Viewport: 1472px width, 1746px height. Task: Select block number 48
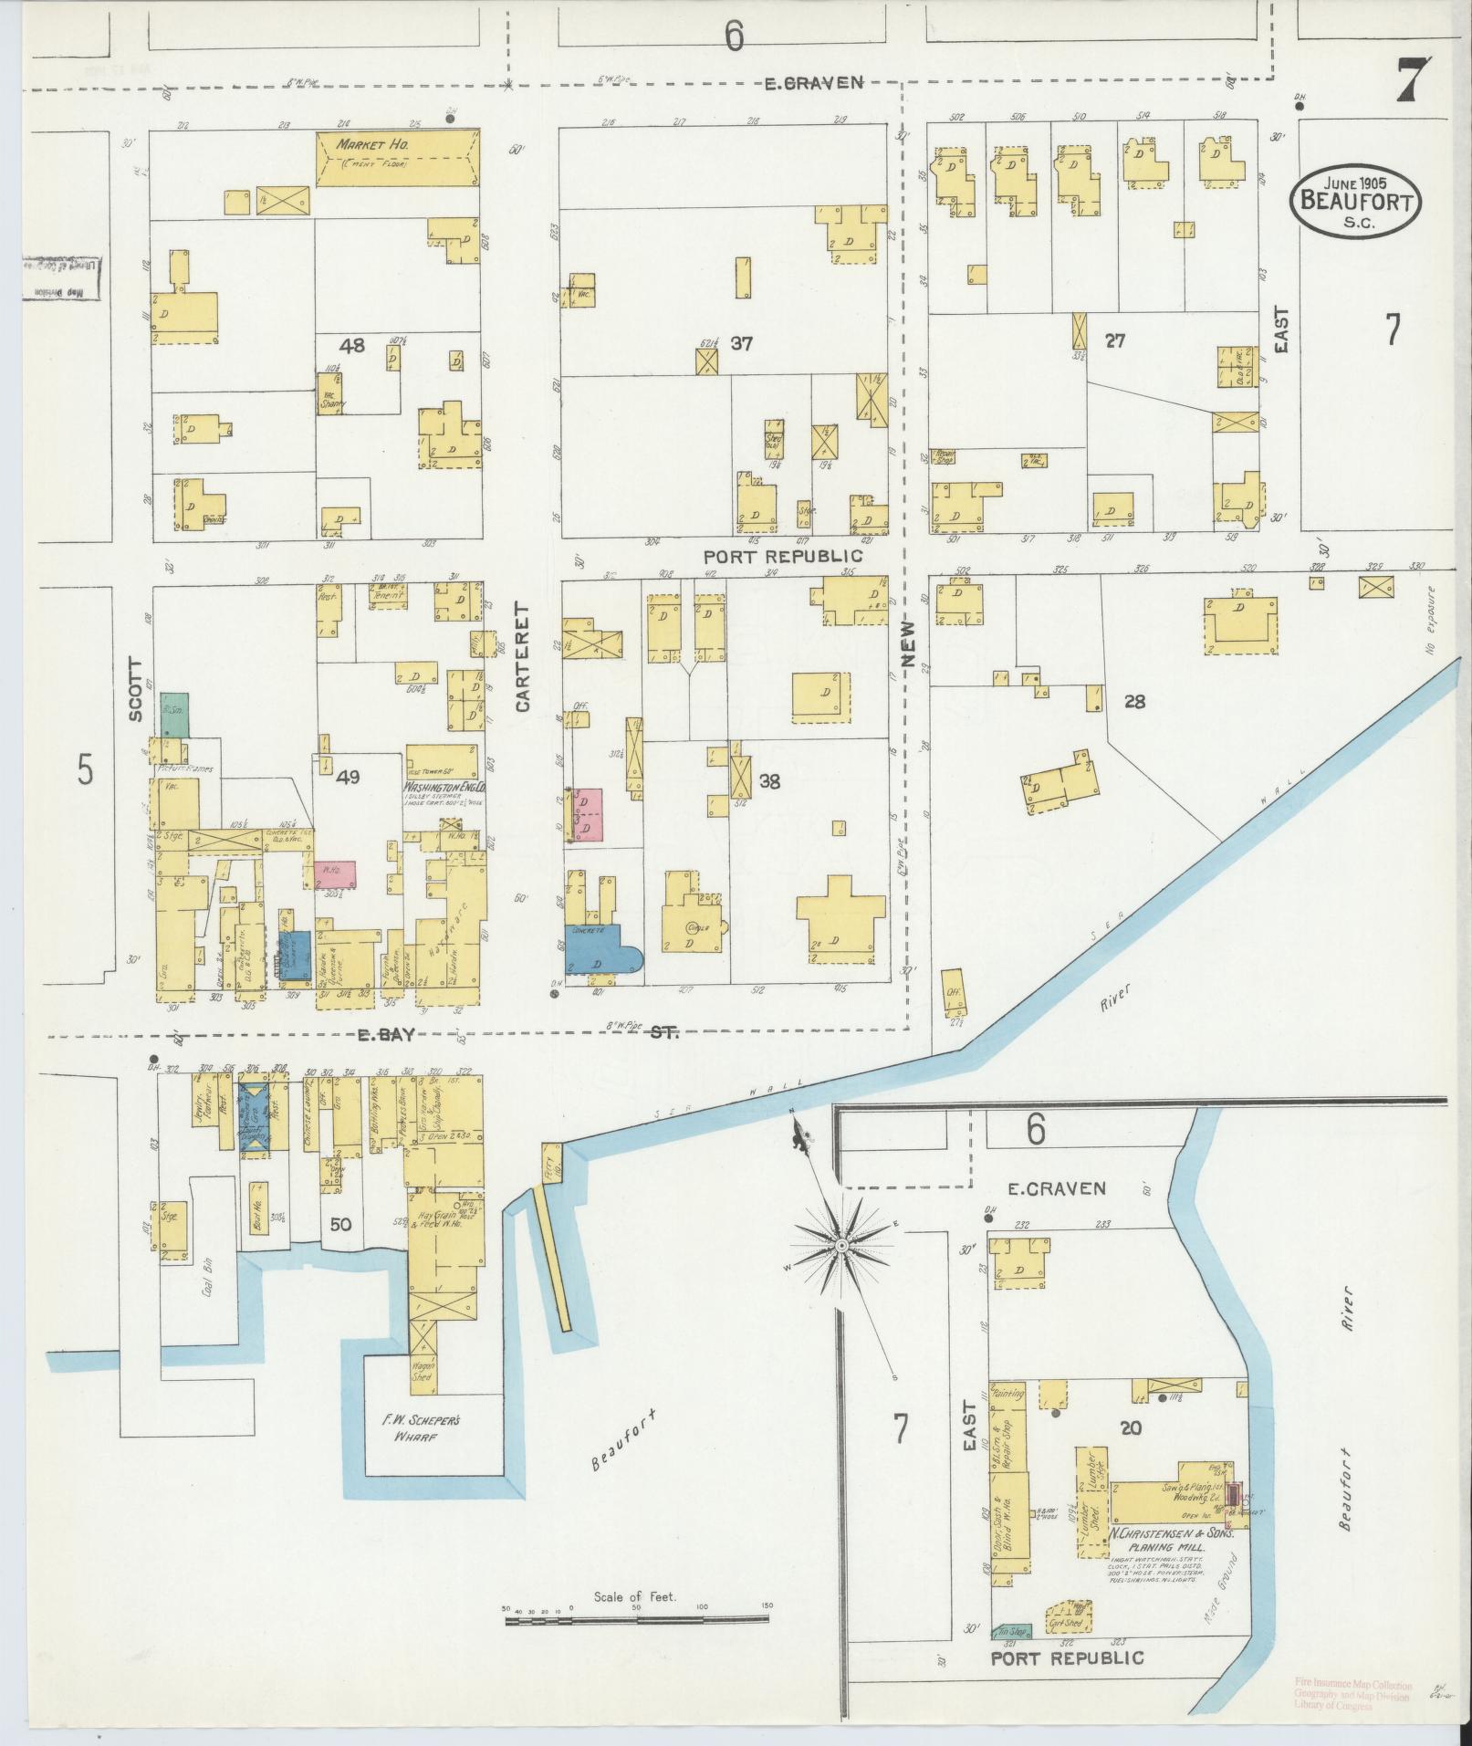click(x=351, y=346)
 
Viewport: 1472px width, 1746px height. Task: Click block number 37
click(x=741, y=344)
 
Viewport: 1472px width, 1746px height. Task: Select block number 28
click(x=1134, y=702)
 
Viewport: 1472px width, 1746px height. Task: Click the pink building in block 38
click(x=586, y=813)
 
